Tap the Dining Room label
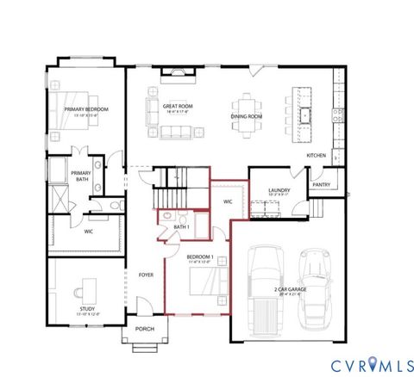click(247, 116)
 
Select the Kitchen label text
click(317, 155)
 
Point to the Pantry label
click(321, 184)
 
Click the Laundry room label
click(278, 190)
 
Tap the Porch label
click(145, 329)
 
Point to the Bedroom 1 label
click(200, 257)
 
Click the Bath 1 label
click(181, 226)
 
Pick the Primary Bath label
click(82, 175)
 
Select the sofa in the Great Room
click(178, 132)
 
